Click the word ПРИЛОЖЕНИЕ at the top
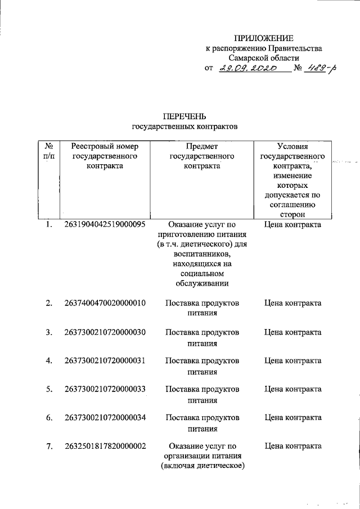click(264, 38)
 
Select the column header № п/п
click(49, 151)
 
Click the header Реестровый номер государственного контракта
click(105, 156)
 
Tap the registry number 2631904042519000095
click(105, 224)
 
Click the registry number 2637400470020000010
click(105, 303)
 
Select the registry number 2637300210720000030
click(105, 332)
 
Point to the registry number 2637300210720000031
click(105, 361)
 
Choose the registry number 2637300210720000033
click(105, 389)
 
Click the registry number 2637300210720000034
click(105, 418)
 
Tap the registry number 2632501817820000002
click(105, 447)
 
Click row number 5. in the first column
click(49, 389)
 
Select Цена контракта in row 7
click(292, 447)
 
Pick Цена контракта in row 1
click(292, 224)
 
